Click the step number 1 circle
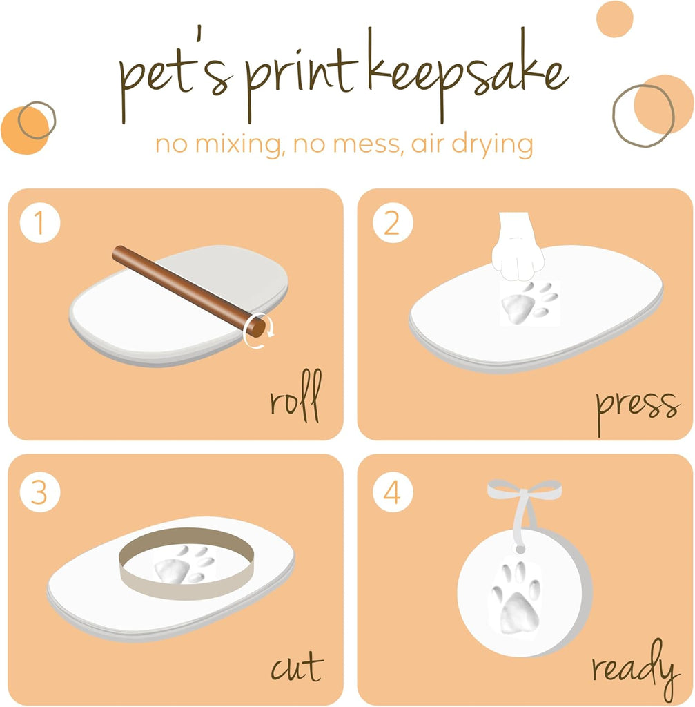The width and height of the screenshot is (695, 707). click(x=40, y=224)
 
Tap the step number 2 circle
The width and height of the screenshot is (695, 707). click(x=392, y=224)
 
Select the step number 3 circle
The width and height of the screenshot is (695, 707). click(x=40, y=492)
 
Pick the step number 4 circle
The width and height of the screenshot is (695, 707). click(x=392, y=492)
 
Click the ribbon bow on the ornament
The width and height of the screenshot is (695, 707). click(x=525, y=492)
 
